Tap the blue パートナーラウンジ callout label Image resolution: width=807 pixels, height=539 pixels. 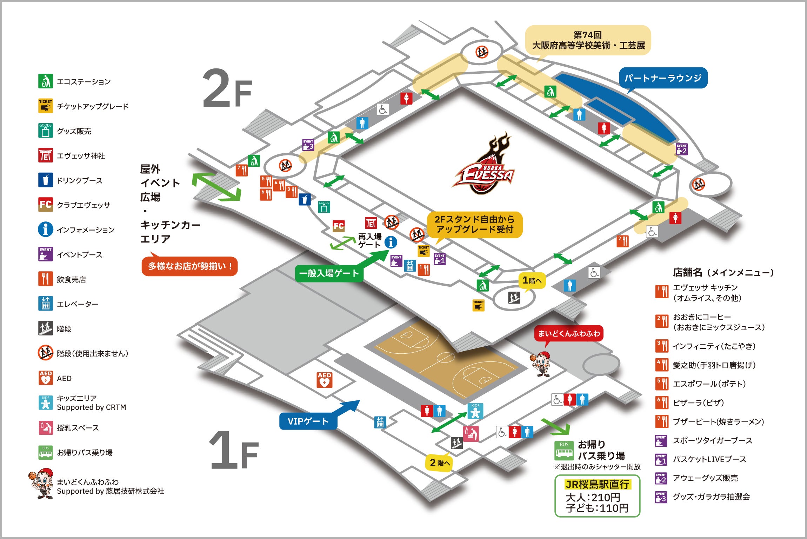[x=663, y=78]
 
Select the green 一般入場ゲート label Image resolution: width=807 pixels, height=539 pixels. [x=329, y=273]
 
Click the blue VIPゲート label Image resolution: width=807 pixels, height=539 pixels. [x=308, y=421]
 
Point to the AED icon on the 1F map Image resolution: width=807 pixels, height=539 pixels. [x=324, y=380]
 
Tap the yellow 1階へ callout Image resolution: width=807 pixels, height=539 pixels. [x=532, y=281]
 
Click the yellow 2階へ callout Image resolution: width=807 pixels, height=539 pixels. [x=439, y=463]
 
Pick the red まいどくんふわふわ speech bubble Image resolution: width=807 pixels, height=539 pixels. [x=569, y=334]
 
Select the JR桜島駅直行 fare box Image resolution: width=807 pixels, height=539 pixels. [x=597, y=496]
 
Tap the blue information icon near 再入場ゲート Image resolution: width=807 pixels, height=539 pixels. [x=391, y=242]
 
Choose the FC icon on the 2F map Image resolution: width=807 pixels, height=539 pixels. [x=339, y=226]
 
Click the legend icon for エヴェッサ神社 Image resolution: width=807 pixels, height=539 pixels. [x=45, y=155]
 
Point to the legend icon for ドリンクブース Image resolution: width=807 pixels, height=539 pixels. [x=45, y=180]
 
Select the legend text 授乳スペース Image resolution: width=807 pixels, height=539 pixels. [x=78, y=428]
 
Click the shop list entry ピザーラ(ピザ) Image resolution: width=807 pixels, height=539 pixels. [x=699, y=402]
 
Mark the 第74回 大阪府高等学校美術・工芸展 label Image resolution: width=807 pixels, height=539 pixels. [x=588, y=40]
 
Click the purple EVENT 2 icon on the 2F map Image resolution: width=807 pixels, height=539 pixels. [x=682, y=149]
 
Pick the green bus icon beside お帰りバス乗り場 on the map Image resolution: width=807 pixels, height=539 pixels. [x=564, y=451]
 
